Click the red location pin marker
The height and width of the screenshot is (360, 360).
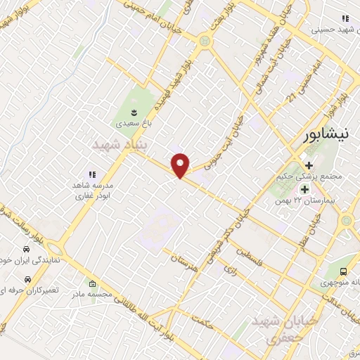[181, 165]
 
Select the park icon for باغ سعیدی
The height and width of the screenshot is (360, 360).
[134, 111]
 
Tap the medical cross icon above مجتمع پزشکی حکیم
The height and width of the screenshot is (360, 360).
[309, 165]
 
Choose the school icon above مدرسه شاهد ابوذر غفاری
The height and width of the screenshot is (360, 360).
[91, 173]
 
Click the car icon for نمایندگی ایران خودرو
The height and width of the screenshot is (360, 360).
[26, 249]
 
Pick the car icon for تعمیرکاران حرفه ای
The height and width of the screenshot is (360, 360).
[26, 279]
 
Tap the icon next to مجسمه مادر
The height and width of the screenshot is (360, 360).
[93, 285]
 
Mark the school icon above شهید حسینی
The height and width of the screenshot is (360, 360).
[345, 18]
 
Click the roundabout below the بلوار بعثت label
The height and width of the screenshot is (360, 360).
[204, 41]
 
